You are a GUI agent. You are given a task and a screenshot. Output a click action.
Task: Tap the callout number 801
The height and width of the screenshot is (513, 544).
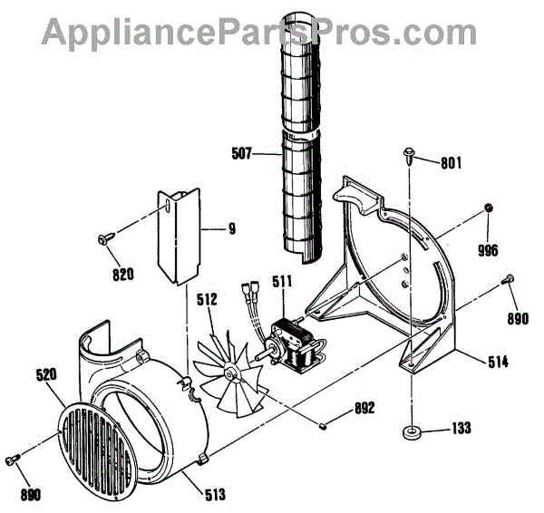tap(451, 164)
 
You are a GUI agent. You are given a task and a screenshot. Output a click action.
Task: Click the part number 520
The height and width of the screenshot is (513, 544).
tap(48, 373)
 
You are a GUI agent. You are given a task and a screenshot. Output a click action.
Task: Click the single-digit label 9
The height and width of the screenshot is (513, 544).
tap(232, 228)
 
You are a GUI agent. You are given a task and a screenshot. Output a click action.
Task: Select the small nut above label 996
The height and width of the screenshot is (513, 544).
tap(488, 208)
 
